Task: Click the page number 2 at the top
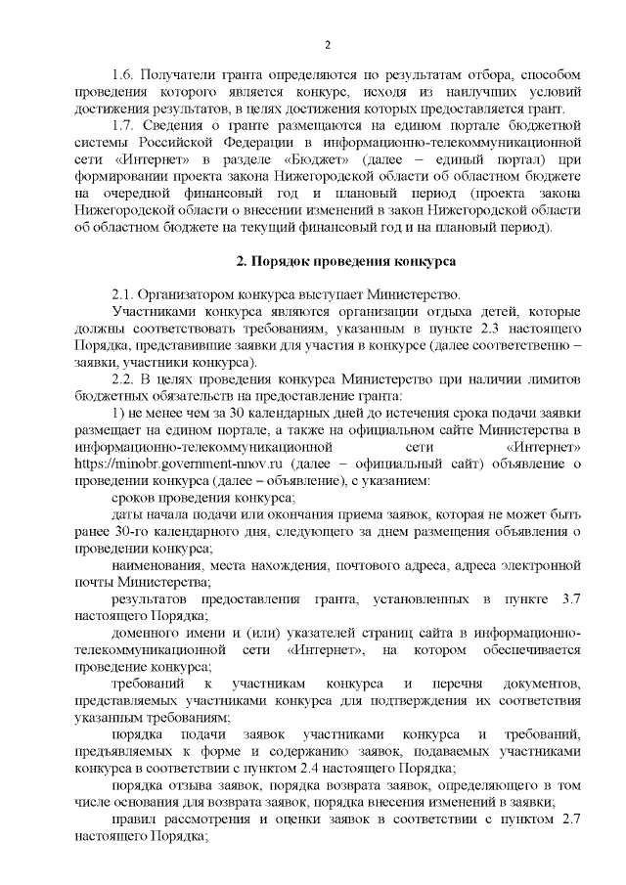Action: point(327,44)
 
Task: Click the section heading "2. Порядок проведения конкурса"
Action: point(327,263)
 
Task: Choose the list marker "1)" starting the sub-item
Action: point(119,413)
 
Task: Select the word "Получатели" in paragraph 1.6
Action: point(176,74)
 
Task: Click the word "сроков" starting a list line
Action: point(134,498)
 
